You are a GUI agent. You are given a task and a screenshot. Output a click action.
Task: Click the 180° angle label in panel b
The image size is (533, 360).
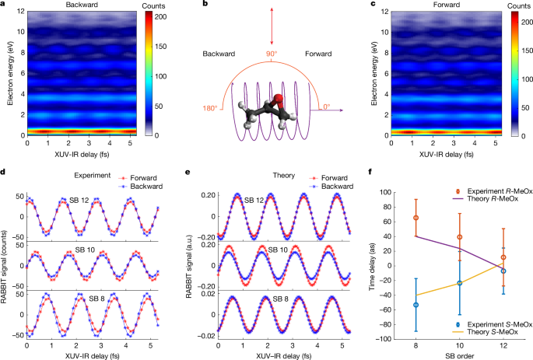210,107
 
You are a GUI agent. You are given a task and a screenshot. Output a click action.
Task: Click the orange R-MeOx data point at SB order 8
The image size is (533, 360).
416,218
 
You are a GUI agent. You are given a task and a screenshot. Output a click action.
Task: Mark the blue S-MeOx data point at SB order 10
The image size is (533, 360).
460,283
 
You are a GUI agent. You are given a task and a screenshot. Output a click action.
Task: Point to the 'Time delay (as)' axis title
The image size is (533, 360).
373,265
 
